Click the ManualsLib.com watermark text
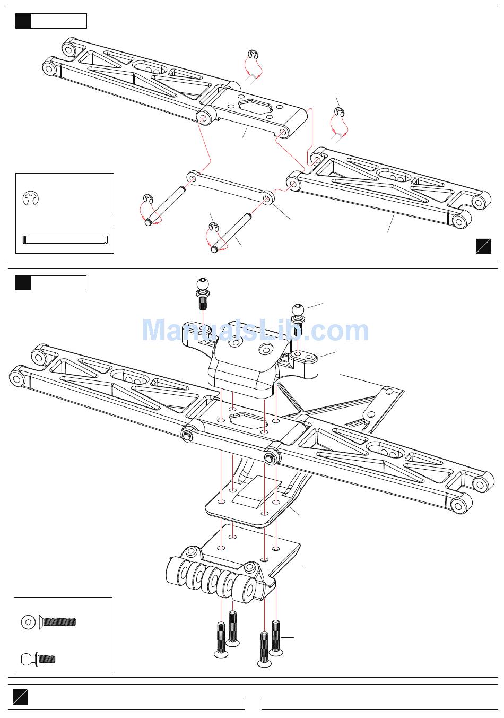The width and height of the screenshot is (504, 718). [255, 330]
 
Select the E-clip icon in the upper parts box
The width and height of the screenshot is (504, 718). [31, 198]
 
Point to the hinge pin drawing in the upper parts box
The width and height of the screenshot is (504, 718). [65, 239]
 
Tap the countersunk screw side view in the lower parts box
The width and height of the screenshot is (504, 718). [57, 622]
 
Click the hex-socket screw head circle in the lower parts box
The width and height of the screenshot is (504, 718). [28, 622]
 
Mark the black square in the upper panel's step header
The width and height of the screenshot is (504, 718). [23, 21]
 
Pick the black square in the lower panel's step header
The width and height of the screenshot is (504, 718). [23, 283]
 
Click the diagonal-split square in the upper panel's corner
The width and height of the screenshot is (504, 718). [483, 246]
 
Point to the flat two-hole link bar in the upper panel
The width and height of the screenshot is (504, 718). [230, 187]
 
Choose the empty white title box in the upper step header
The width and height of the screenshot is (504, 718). [59, 21]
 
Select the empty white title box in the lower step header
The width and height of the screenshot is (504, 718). [58, 283]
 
